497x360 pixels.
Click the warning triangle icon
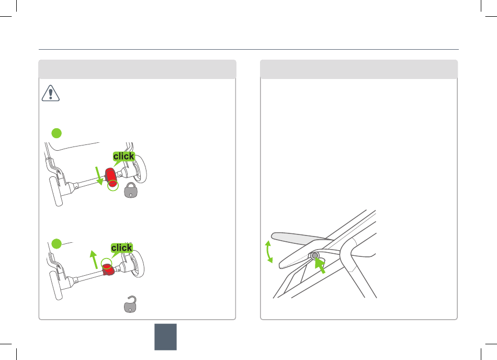click(x=51, y=93)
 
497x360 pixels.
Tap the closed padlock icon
click(x=131, y=190)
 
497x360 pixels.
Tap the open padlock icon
click(x=130, y=305)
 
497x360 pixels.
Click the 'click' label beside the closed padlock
click(x=123, y=156)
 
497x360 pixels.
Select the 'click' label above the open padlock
click(x=121, y=248)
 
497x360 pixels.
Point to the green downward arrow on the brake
click(x=99, y=176)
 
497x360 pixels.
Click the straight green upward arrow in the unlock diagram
click(x=94, y=260)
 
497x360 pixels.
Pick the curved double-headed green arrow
click(x=268, y=252)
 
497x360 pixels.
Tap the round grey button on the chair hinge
click(x=315, y=255)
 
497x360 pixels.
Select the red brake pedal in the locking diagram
click(x=111, y=177)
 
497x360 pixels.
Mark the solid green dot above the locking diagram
click(x=57, y=133)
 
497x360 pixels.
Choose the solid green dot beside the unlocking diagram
click(x=57, y=244)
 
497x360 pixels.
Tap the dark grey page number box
click(x=165, y=337)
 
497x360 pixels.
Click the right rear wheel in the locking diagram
click(x=140, y=169)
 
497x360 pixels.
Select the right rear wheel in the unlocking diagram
click(x=138, y=264)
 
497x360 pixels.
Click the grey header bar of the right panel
click(x=359, y=69)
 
